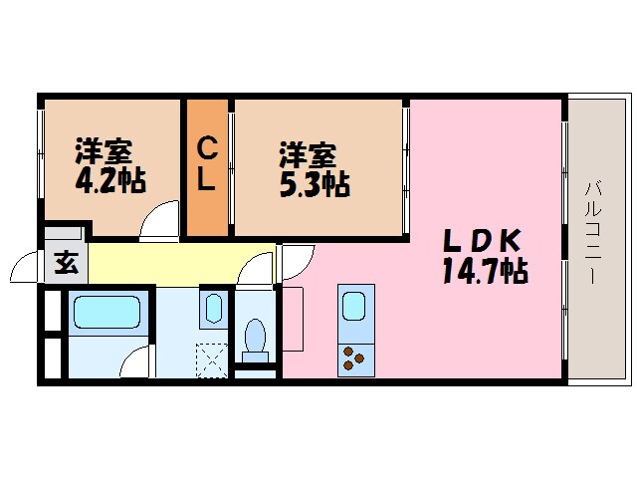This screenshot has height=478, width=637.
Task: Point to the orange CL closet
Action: click(x=206, y=166)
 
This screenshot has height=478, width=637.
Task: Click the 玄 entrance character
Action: click(x=65, y=264)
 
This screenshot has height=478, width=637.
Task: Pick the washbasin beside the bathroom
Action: click(x=213, y=309)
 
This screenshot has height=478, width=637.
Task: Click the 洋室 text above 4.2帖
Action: click(x=104, y=155)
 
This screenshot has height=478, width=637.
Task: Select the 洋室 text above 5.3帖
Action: click(x=307, y=156)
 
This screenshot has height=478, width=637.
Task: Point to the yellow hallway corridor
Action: click(x=169, y=264)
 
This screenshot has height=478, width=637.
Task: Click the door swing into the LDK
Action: click(x=297, y=261)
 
